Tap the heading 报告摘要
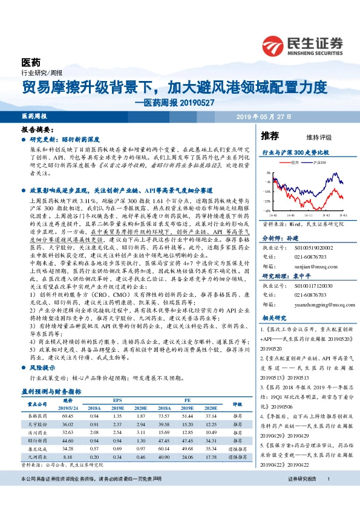tap(37, 130)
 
